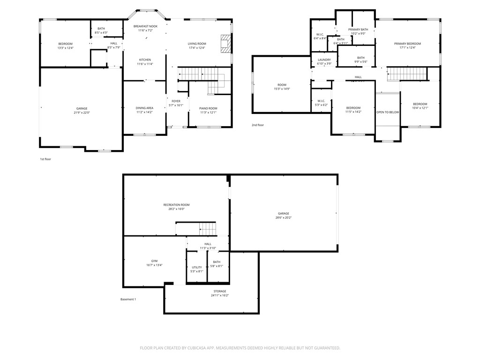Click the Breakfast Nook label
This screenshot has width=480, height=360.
click(145, 26)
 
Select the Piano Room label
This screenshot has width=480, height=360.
click(208, 108)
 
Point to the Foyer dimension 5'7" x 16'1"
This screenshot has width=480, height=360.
click(176, 105)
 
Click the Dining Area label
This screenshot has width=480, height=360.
click(144, 108)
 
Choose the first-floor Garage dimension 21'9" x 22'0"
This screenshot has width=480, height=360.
click(82, 113)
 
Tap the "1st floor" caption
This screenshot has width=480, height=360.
click(45, 159)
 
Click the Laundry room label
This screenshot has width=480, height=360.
click(324, 60)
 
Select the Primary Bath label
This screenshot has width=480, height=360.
click(358, 30)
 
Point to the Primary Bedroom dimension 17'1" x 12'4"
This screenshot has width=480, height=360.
click(407, 47)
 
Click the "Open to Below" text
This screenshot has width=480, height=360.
click(388, 112)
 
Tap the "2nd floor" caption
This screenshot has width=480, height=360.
click(258, 125)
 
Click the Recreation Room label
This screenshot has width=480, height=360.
click(176, 205)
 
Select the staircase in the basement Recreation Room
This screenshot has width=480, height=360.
click(208, 229)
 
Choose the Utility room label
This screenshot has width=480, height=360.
click(196, 267)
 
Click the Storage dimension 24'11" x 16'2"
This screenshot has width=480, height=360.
click(220, 295)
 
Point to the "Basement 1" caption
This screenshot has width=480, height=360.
click(128, 300)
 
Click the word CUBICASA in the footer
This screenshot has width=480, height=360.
click(212, 348)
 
